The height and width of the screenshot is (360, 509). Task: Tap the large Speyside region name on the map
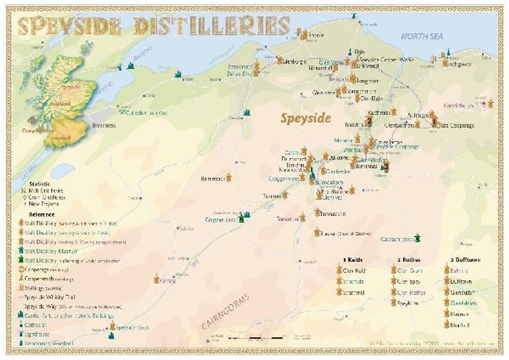[306, 118]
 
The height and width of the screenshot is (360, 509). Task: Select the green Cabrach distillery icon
[417, 237]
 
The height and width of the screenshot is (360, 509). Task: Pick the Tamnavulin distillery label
[334, 214]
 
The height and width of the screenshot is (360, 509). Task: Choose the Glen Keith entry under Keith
[354, 271]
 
